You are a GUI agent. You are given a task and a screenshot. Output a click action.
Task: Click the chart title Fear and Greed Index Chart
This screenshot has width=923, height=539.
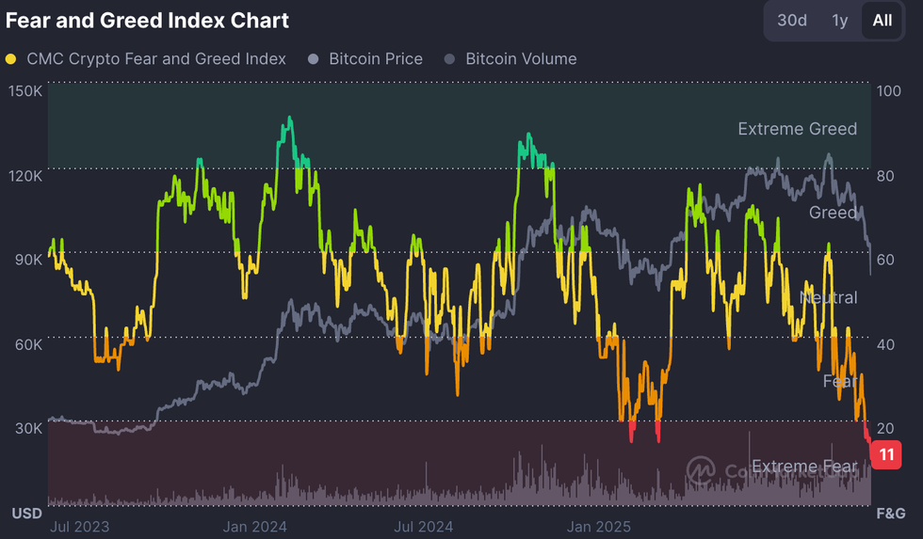147,20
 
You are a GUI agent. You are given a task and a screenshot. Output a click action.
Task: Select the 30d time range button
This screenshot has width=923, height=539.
792,20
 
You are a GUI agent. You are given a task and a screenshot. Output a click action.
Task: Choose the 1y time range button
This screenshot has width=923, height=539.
839,20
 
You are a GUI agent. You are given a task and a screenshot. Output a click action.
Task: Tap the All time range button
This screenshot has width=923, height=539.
882,20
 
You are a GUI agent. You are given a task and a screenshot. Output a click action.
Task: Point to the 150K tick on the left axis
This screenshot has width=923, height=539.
24,91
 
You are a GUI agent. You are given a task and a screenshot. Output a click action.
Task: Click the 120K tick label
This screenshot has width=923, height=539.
24,176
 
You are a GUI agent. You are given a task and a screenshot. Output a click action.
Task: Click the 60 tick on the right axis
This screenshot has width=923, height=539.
885,261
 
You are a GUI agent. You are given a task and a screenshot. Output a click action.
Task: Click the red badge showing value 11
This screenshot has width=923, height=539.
886,454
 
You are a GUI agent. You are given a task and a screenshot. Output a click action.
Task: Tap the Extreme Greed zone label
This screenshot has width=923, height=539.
797,129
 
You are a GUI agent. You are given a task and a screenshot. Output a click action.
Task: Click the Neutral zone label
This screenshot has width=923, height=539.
828,297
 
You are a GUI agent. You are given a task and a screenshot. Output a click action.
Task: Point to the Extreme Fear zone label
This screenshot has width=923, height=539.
804,466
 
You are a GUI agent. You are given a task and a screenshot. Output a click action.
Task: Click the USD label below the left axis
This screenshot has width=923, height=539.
25,514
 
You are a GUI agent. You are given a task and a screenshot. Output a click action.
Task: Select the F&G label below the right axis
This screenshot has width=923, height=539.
891,514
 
